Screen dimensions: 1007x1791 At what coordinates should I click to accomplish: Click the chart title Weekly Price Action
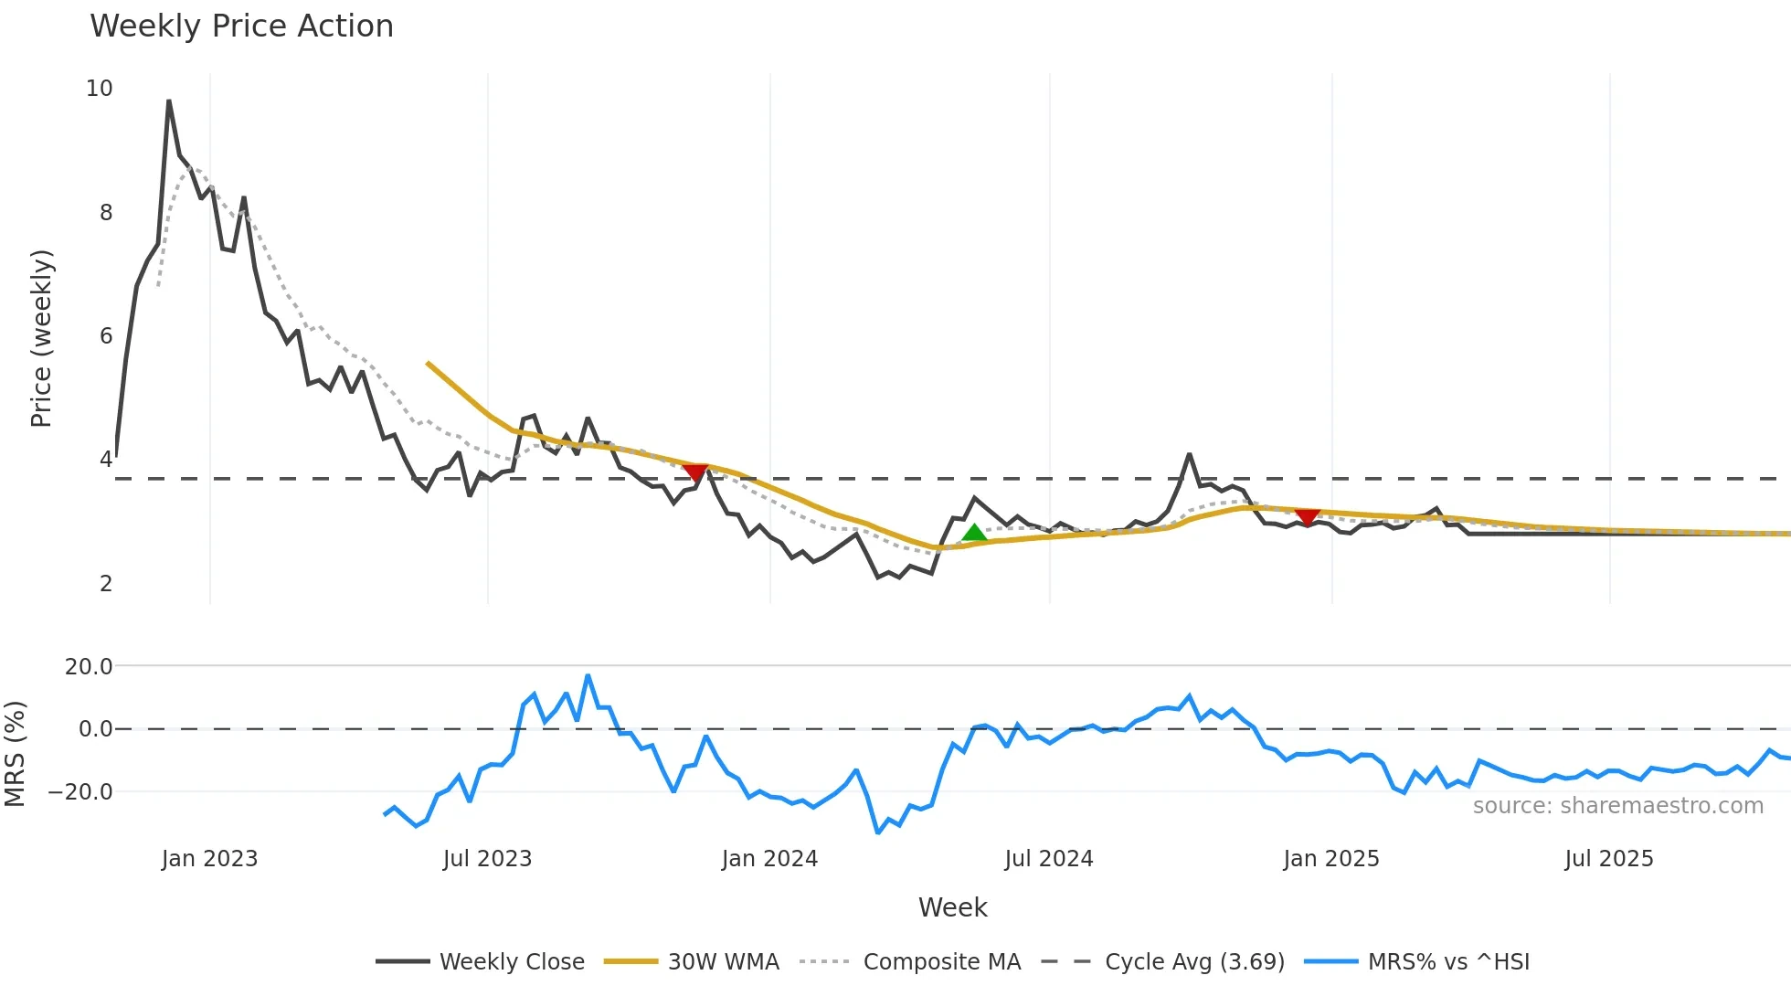[x=241, y=26]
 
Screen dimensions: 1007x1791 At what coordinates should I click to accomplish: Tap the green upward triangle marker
[x=974, y=533]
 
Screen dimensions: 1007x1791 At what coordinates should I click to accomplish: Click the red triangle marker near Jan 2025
[x=1308, y=517]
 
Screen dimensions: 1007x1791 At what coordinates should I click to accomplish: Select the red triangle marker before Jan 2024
[x=695, y=472]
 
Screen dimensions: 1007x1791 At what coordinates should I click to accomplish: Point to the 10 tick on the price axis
[x=100, y=89]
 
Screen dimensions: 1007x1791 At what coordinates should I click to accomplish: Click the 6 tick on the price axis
[x=106, y=336]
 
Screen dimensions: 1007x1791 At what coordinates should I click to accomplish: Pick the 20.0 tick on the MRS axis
[x=89, y=667]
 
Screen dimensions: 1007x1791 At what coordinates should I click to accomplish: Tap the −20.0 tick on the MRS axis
[x=80, y=792]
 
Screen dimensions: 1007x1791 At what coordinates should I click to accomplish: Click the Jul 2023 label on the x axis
[x=487, y=859]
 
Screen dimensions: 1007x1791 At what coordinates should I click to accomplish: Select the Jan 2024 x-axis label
[x=769, y=859]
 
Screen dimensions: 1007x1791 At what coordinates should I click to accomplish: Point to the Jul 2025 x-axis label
[x=1609, y=859]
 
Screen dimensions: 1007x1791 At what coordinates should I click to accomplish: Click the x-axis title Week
[x=952, y=907]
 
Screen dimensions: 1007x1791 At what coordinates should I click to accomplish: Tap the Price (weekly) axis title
[x=42, y=338]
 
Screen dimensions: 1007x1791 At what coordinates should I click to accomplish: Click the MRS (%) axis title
[x=16, y=754]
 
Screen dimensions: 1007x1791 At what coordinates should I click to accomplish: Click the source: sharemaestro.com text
[x=1617, y=806]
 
